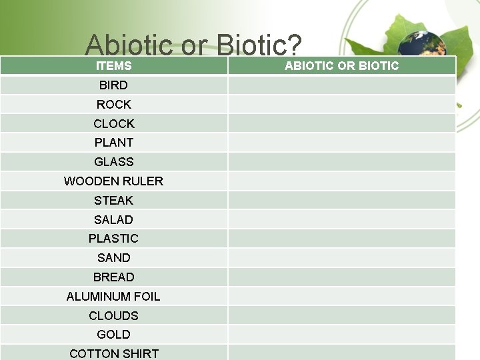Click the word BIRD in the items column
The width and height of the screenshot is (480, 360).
click(113, 85)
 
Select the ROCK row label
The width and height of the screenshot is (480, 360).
click(113, 105)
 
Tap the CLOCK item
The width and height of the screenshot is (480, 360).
click(113, 124)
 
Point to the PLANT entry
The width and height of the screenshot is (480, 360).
click(113, 143)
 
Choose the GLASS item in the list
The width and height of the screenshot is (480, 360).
click(113, 162)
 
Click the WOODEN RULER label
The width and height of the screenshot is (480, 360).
click(113, 181)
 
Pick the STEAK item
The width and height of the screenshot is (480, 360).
click(113, 201)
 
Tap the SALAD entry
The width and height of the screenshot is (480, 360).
click(113, 220)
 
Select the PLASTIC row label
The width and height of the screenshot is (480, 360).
click(113, 239)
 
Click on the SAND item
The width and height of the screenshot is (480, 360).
click(113, 258)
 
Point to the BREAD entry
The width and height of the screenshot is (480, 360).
click(113, 277)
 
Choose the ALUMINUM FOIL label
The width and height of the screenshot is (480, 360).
click(113, 297)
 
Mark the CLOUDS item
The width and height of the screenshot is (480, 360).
click(113, 316)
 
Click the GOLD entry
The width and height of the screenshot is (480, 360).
click(113, 335)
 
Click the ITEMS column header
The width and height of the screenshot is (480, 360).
click(113, 66)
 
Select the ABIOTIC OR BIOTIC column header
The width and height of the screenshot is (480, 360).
click(341, 66)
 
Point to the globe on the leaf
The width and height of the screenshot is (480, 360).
click(413, 44)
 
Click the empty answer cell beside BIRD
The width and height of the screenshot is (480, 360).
click(341, 85)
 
